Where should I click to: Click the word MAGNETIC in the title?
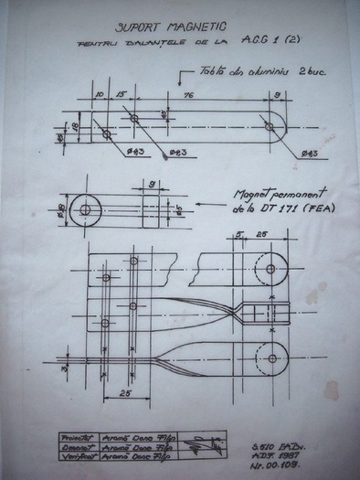click(196, 28)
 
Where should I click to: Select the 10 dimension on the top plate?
click(100, 93)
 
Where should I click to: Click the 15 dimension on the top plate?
click(121, 93)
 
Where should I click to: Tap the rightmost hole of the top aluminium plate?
click(269, 124)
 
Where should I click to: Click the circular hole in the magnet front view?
click(84, 209)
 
